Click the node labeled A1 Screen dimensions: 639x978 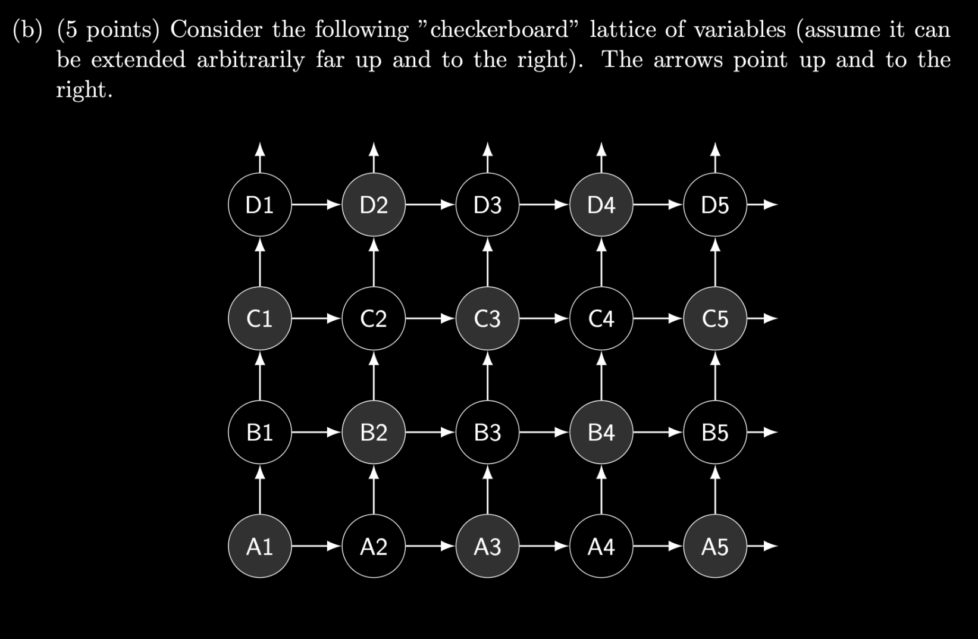259,546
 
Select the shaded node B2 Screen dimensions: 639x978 374,433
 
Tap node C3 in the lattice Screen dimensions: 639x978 487,319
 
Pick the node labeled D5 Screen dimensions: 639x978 714,205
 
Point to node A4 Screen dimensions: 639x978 601,546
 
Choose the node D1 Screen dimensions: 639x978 259,205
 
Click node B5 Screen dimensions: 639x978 714,433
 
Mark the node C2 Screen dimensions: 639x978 374,319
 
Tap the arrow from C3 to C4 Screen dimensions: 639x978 544,319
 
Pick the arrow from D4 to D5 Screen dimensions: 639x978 658,205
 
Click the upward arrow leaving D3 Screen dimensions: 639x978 487,158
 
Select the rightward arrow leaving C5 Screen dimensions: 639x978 762,319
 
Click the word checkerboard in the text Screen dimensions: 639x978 499,30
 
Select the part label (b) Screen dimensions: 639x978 28,30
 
